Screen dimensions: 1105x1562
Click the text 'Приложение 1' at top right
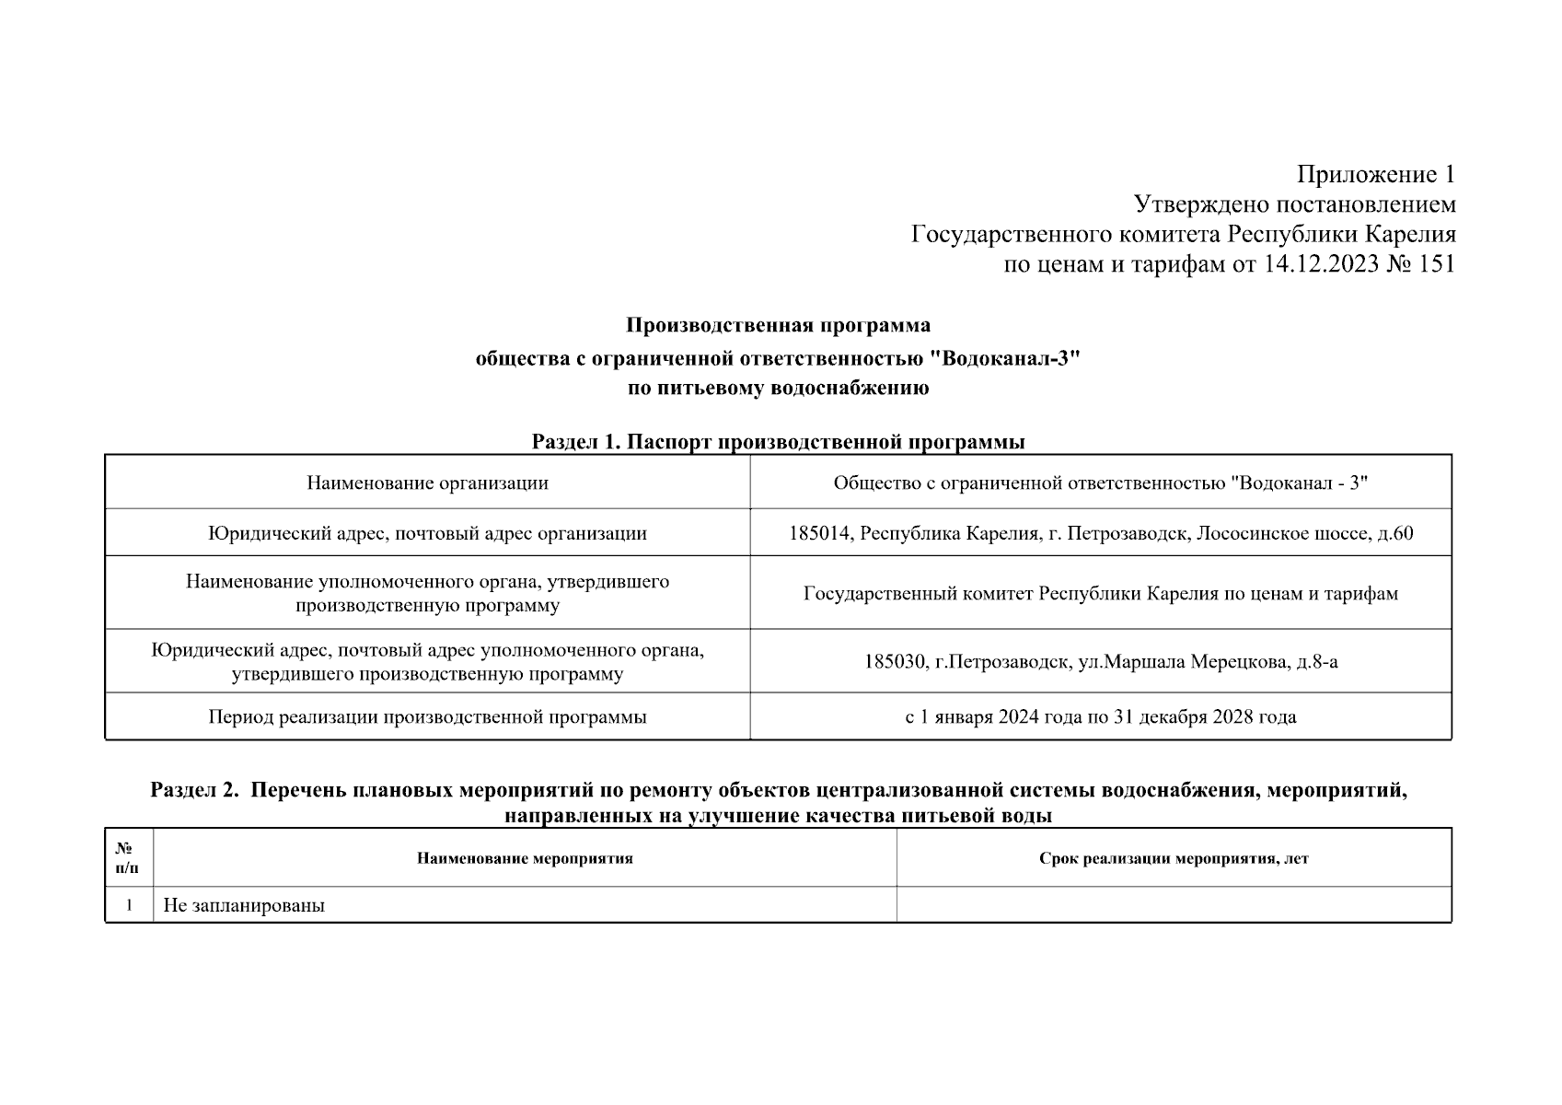(1376, 174)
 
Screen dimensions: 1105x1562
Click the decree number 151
(1437, 264)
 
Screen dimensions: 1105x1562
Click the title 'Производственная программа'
(778, 325)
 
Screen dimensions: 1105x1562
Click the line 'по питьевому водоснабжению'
(778, 388)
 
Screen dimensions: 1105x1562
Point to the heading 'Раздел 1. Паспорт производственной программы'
(778, 442)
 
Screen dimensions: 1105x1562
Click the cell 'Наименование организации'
(427, 483)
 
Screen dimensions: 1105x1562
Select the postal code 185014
(819, 533)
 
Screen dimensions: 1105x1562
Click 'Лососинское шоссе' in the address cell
(1280, 533)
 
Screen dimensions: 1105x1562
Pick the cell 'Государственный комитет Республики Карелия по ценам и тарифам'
(1100, 594)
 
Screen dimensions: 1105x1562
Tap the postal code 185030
(895, 661)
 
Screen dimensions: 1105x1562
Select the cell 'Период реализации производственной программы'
(427, 716)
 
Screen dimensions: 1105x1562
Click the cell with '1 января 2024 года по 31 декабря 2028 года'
(1100, 716)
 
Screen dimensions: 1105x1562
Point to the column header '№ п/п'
(128, 858)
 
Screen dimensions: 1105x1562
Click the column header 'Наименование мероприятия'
(525, 858)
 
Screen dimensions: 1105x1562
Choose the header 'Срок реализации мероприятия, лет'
(1174, 858)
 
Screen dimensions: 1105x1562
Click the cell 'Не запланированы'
(244, 905)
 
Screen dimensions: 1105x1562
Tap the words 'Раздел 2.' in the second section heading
(194, 790)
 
